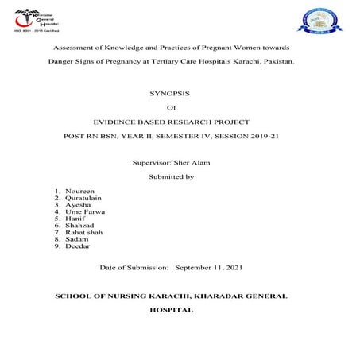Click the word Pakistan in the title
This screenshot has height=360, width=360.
tap(274, 60)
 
